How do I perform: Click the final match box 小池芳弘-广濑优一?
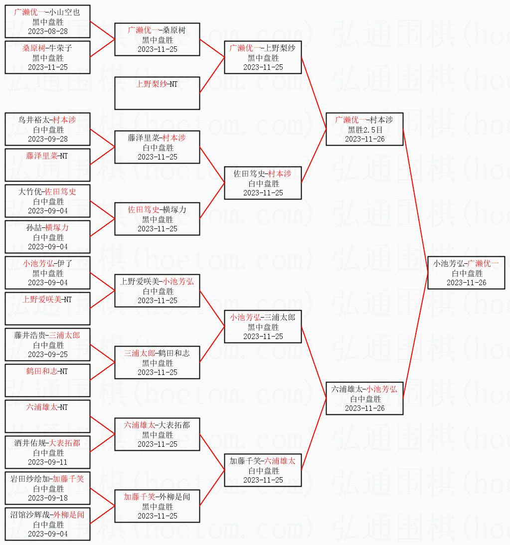coord(466,273)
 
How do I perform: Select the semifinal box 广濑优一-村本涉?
coord(364,129)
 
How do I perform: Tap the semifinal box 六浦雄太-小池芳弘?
coord(364,398)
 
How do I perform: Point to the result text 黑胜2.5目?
coord(364,130)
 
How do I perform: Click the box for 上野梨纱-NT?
coord(157,93)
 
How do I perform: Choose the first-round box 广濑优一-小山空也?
coord(48,21)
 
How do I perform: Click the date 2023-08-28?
coord(48,31)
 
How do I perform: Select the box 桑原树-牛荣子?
coord(48,57)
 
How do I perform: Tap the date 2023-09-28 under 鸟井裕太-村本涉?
coord(48,139)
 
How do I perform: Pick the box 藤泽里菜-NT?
coord(48,165)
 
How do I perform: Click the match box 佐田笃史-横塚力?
coord(157,219)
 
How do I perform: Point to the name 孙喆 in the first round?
coord(33,228)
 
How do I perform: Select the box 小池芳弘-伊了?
coord(48,273)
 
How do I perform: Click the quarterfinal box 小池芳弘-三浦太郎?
coord(263,327)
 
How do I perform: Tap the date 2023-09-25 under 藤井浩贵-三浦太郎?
coord(48,354)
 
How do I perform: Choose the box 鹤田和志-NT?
coord(48,380)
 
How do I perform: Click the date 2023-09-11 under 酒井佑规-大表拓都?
coord(48,462)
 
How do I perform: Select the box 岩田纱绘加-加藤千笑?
coord(48,488)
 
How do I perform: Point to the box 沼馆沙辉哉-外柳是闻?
coord(48,524)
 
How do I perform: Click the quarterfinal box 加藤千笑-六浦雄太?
coord(263,470)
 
